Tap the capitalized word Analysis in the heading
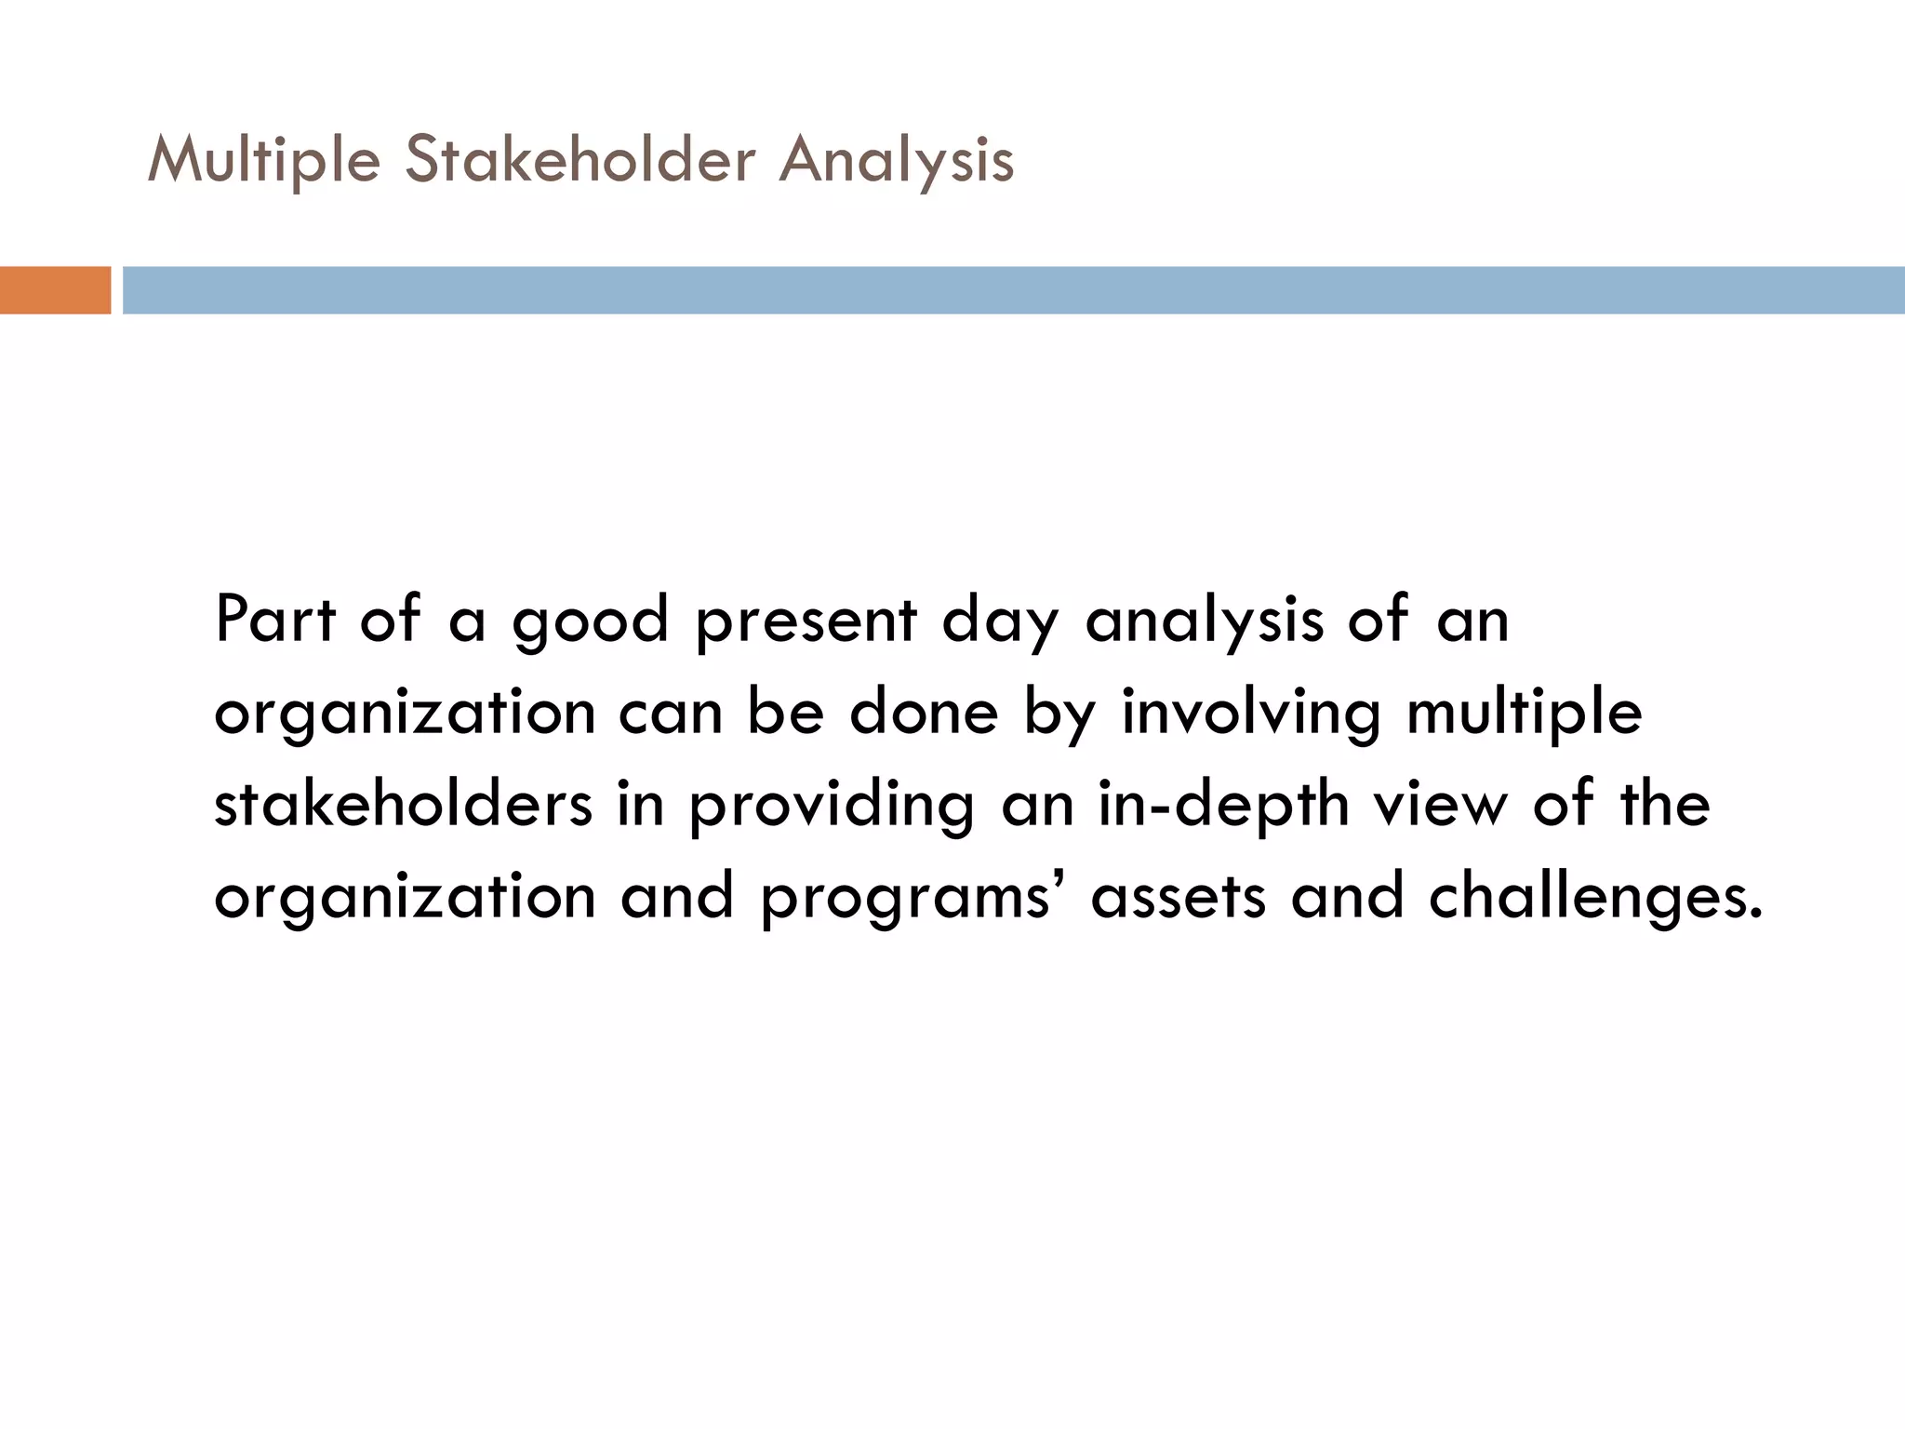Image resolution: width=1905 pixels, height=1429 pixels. click(x=896, y=161)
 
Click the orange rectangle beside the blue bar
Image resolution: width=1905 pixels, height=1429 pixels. click(x=55, y=290)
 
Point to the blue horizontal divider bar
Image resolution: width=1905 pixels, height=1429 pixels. click(x=1012, y=290)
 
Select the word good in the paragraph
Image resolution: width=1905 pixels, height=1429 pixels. click(x=590, y=621)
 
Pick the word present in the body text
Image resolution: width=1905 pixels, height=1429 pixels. click(x=806, y=621)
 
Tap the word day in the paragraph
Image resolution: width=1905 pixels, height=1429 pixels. click(x=1000, y=621)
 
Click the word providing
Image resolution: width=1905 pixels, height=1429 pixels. click(x=831, y=806)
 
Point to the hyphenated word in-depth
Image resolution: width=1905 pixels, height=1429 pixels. click(x=1222, y=806)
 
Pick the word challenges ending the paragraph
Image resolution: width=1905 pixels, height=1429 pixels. click(x=1594, y=899)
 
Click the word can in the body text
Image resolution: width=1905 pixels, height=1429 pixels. click(x=671, y=714)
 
